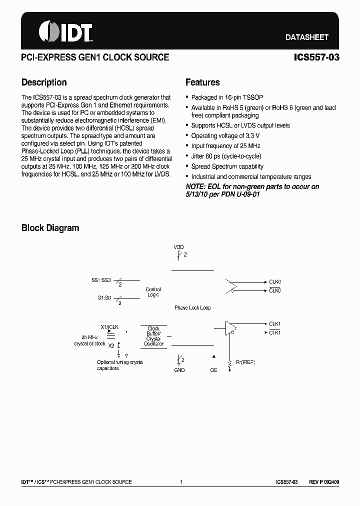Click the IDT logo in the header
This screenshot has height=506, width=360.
[65, 31]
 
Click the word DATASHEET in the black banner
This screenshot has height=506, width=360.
[306, 37]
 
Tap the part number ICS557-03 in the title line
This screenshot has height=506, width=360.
[316, 57]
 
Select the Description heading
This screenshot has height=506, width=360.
[44, 82]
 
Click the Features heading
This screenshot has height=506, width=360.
[202, 82]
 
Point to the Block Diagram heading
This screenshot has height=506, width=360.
[50, 228]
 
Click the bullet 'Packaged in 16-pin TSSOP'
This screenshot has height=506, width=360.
[227, 97]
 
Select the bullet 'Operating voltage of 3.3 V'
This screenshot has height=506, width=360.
[225, 136]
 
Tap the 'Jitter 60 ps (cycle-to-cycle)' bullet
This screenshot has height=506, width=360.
[226, 156]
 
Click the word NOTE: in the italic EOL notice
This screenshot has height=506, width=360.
[196, 186]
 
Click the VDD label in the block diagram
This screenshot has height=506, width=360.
[178, 247]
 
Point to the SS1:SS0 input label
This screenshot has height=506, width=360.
[101, 280]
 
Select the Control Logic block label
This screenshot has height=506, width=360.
[153, 292]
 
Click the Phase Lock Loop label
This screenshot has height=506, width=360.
[192, 308]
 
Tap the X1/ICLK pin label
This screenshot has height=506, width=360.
[109, 327]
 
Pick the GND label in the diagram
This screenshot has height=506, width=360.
[179, 370]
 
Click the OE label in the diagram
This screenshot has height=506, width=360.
[214, 370]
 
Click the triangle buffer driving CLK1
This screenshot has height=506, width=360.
[231, 327]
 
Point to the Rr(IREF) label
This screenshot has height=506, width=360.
[245, 362]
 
